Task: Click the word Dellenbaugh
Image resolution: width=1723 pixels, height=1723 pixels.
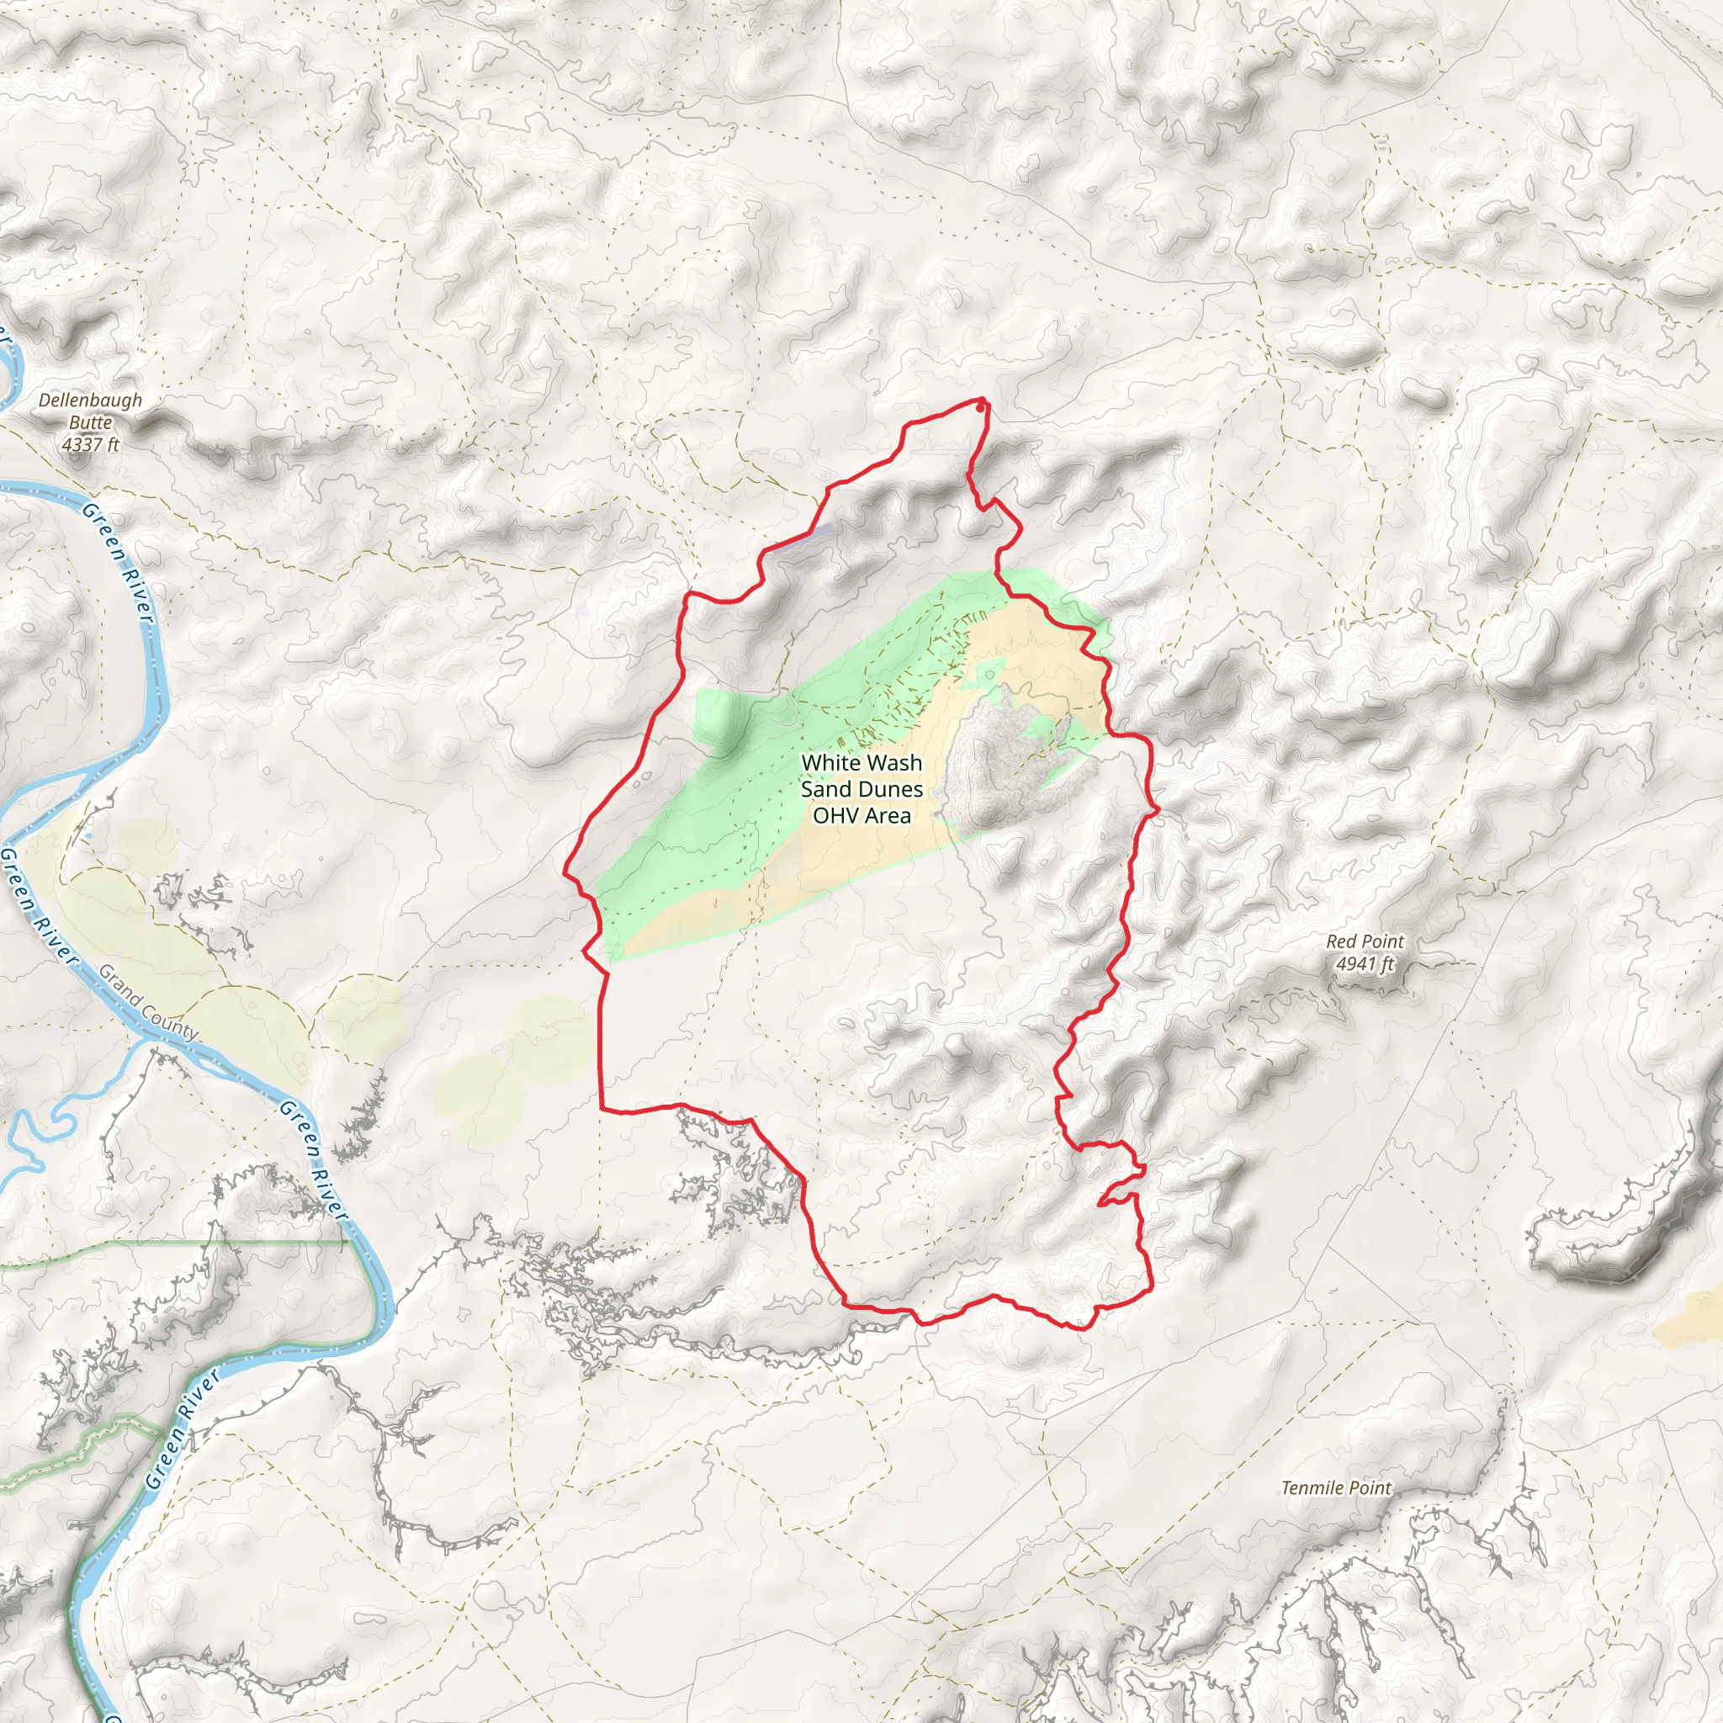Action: [x=90, y=400]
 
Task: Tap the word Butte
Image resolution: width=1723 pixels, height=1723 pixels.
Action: [x=90, y=422]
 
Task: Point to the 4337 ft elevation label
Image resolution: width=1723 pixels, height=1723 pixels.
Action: [x=90, y=444]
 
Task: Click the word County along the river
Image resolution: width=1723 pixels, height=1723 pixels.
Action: [x=172, y=1021]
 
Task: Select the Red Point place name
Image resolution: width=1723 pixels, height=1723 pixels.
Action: [x=1365, y=941]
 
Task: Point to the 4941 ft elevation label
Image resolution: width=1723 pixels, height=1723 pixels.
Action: [x=1365, y=963]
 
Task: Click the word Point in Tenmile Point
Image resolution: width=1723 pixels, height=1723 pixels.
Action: [x=1369, y=1488]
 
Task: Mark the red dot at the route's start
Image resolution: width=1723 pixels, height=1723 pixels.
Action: [x=980, y=407]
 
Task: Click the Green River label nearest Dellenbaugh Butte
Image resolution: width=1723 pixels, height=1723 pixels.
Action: [x=118, y=562]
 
